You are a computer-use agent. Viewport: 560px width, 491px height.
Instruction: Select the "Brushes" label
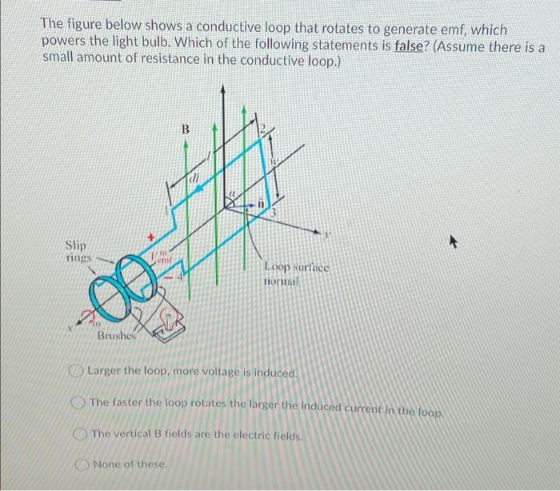point(117,337)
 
